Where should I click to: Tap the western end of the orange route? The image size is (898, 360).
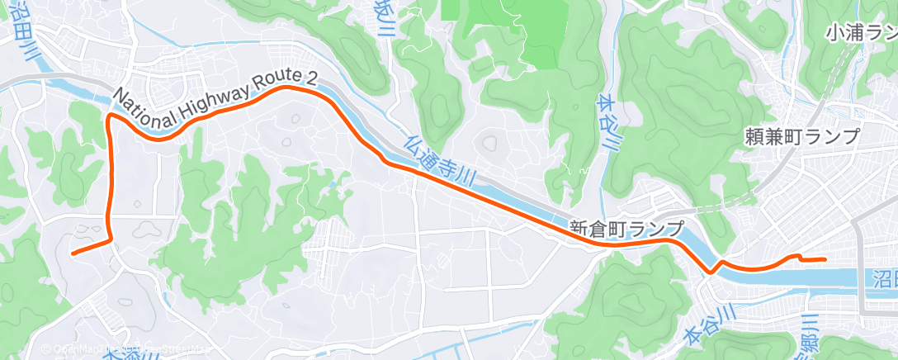[73, 253]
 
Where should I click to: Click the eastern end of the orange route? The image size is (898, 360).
[825, 259]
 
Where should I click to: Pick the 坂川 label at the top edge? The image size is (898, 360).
[383, 20]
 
